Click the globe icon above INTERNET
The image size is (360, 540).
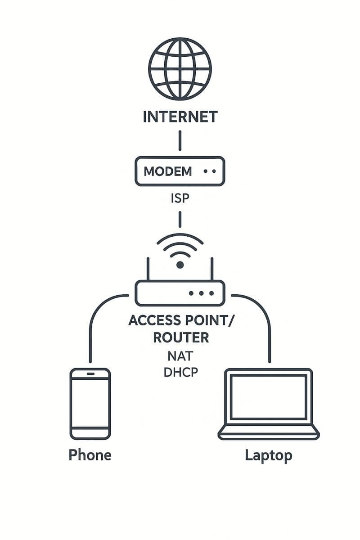tap(180, 69)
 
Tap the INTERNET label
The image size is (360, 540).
tap(180, 117)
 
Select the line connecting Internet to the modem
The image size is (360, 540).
tap(180, 140)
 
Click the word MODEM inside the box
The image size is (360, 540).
tap(167, 171)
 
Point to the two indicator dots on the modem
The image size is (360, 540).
tap(210, 171)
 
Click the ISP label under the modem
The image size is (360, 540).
tap(180, 198)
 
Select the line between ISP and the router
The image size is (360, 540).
tap(180, 219)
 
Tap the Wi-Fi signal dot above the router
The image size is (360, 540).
tap(180, 265)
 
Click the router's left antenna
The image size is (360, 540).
tap(148, 269)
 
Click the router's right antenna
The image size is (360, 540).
tap(212, 269)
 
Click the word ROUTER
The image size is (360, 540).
tap(181, 337)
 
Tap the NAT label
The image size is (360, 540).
tap(180, 356)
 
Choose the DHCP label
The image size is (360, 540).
tap(180, 373)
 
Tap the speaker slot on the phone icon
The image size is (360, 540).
tap(90, 374)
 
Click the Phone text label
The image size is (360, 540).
tap(90, 455)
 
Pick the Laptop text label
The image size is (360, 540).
tap(269, 455)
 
